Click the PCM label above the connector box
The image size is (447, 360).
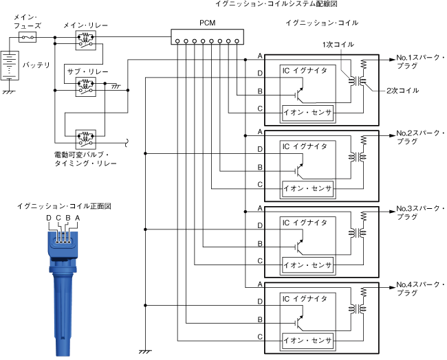[x=207, y=23]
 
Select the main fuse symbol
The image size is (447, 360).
[x=28, y=37]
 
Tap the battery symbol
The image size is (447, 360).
[x=10, y=65]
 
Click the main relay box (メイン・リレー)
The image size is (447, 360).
[x=86, y=41]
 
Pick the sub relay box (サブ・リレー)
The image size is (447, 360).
[x=86, y=87]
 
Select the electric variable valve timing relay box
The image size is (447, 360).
[x=86, y=139]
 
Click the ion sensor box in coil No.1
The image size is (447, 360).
[x=307, y=113]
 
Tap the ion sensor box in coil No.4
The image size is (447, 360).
[x=307, y=341]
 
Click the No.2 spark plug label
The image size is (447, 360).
[x=420, y=137]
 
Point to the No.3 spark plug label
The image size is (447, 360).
[x=420, y=213]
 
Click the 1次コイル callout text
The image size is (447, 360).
[x=338, y=45]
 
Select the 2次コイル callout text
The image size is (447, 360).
[x=402, y=91]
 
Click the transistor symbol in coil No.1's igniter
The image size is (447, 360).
[x=298, y=95]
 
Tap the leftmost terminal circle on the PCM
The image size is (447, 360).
[x=177, y=41]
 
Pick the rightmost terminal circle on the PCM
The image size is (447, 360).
[x=237, y=41]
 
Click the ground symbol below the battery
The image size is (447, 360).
[x=9, y=92]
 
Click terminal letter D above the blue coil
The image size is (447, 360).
[x=49, y=218]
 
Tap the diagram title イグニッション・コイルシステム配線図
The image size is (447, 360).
[x=276, y=3]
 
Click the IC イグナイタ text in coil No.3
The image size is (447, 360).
[x=305, y=223]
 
